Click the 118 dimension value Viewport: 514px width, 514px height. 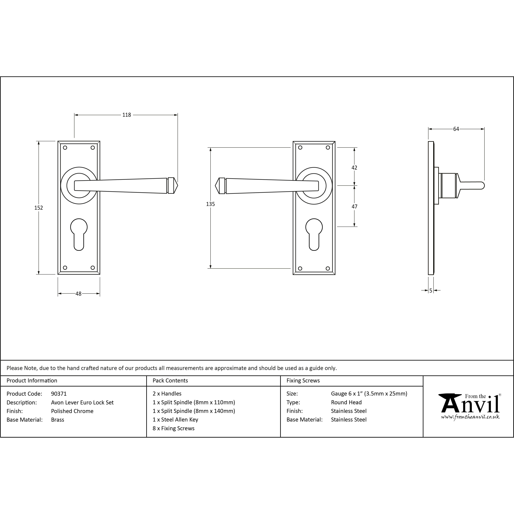(x=127, y=115)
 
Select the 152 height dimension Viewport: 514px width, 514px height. (x=39, y=208)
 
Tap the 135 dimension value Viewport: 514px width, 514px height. (x=210, y=204)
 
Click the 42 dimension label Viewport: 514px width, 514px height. (x=354, y=168)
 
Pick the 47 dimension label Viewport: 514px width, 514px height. (x=354, y=207)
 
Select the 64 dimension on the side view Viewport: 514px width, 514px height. (x=456, y=129)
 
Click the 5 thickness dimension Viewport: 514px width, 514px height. (x=431, y=291)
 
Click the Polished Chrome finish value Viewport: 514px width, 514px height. (x=72, y=411)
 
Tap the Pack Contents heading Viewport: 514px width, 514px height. (x=170, y=380)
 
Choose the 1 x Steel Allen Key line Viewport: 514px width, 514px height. (x=175, y=420)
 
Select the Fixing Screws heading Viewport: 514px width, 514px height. (x=303, y=380)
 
